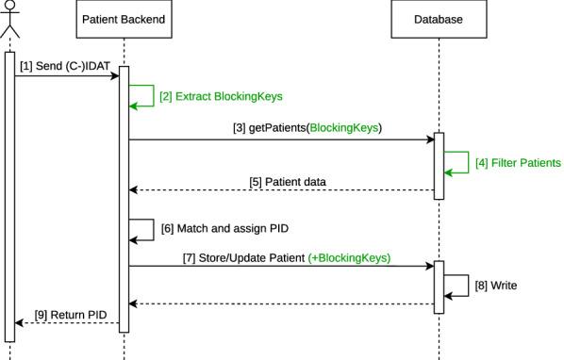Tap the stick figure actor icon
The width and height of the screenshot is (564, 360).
11,20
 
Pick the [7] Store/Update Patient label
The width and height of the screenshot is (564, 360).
244,255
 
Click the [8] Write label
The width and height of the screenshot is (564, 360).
498,283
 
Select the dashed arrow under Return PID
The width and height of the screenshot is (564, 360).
66,323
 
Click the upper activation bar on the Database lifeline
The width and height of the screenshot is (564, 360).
440,166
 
